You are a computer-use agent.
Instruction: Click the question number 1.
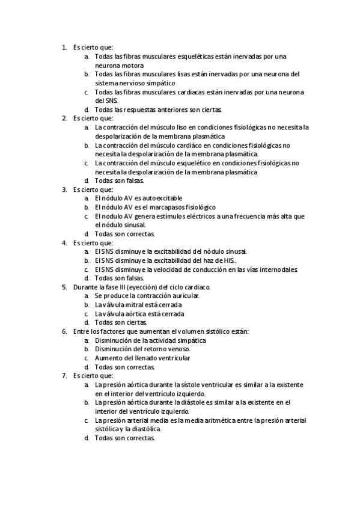(64, 47)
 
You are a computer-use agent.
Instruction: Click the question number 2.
(64, 118)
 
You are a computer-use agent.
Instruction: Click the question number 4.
(64, 243)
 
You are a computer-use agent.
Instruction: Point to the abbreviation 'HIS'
(227, 260)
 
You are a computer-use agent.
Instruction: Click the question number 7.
(64, 376)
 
